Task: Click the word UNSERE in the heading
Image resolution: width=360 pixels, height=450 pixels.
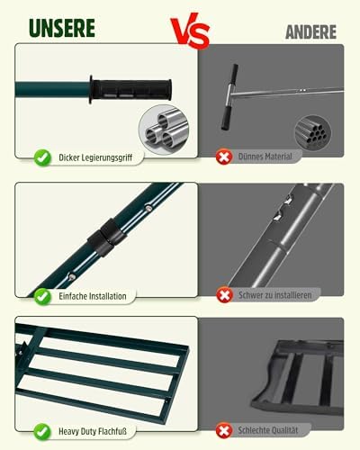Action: click(x=62, y=28)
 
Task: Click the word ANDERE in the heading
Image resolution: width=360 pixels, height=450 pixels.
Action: click(x=310, y=32)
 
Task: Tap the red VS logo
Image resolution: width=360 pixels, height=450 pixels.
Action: click(x=190, y=31)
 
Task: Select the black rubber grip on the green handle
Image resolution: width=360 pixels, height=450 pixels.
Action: click(x=130, y=90)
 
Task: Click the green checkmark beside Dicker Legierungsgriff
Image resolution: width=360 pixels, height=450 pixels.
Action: click(x=42, y=157)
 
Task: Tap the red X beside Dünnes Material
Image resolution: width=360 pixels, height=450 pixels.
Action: click(x=224, y=157)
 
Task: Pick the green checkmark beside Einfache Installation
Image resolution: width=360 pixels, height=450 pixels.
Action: click(x=42, y=296)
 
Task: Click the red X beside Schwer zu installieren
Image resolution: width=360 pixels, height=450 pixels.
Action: click(x=224, y=295)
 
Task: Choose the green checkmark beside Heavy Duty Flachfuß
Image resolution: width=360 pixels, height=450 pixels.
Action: click(x=42, y=432)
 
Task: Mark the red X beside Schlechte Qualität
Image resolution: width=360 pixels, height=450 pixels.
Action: click(x=224, y=430)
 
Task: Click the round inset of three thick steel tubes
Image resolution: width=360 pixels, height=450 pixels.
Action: click(x=164, y=130)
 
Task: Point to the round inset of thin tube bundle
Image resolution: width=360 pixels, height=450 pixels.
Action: click(x=313, y=132)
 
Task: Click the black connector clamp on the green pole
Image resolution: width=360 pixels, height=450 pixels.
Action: click(x=107, y=237)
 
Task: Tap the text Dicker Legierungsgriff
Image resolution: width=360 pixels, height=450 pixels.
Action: click(x=95, y=157)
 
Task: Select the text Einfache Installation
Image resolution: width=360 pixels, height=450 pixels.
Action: click(x=93, y=296)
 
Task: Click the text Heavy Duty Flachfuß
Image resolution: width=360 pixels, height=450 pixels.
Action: click(x=93, y=431)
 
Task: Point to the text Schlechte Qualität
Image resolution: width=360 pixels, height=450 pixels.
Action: click(x=268, y=430)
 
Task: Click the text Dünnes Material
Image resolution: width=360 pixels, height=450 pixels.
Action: click(x=265, y=157)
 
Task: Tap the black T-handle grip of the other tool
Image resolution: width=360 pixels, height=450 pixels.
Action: click(x=229, y=97)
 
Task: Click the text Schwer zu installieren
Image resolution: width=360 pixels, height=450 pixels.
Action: click(x=275, y=295)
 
